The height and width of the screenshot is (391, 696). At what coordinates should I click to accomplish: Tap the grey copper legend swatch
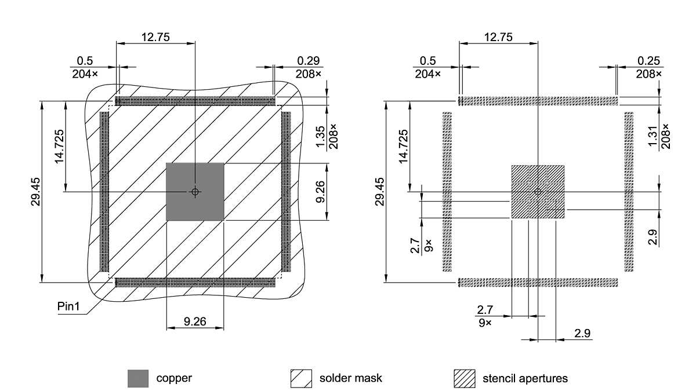138,379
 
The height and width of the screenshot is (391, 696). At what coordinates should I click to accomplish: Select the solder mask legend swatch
301,379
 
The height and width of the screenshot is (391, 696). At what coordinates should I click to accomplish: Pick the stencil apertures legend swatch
464,379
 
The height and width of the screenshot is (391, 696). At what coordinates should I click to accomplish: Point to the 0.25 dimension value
649,61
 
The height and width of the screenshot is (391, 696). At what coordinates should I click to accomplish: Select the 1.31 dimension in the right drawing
654,137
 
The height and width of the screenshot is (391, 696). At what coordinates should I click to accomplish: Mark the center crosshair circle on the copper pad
195,191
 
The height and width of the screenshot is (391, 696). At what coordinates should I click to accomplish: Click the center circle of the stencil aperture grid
538,191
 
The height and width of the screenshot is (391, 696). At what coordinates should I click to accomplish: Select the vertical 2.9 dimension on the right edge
654,236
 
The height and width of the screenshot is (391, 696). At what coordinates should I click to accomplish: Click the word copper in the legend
174,379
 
